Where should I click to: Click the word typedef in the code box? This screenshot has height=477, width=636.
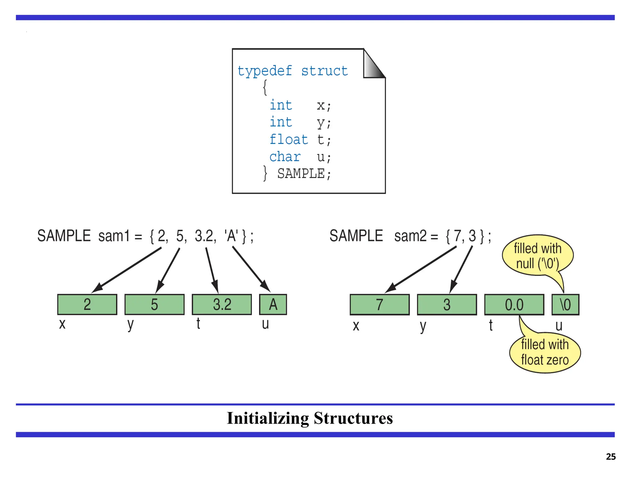coord(265,71)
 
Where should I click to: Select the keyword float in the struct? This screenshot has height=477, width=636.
coord(288,139)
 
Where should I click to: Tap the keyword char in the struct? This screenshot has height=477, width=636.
coord(285,157)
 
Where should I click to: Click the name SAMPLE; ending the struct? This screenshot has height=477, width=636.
coord(304,174)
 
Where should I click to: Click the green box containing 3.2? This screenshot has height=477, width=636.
coord(222,305)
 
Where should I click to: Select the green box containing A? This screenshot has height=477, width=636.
coord(273,305)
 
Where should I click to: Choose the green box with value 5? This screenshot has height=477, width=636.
coord(154,305)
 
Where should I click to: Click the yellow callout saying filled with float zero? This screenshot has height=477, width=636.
coord(545,353)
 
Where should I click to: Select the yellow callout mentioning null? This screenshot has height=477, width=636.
coord(538,256)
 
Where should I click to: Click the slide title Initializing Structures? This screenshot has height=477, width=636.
coord(310,418)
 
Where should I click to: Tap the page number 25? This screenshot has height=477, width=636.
coord(611,457)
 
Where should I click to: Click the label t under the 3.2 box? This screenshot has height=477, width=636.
coord(198,324)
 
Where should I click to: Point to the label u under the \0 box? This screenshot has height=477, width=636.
coord(559,325)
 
